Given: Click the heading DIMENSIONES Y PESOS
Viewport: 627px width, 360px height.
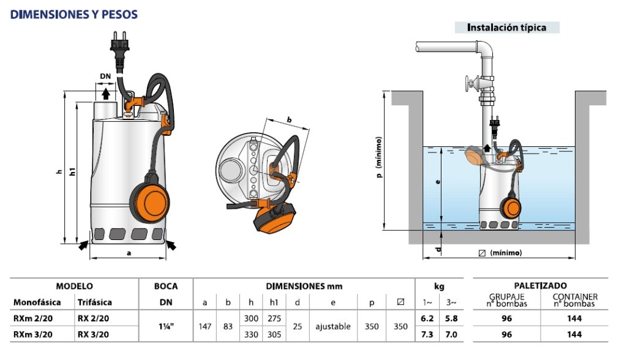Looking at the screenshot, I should [74, 14].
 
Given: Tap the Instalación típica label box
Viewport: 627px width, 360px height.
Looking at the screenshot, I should [506, 28].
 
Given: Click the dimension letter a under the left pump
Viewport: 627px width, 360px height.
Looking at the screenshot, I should [129, 252].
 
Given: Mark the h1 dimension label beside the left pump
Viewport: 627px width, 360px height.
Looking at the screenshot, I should [73, 173].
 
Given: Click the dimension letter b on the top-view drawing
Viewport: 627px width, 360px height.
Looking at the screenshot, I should [289, 119].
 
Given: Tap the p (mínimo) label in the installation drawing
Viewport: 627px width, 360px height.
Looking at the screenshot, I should [380, 159].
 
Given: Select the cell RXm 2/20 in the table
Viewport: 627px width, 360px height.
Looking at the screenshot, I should [31, 318].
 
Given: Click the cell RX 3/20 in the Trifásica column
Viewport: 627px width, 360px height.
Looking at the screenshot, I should [93, 334].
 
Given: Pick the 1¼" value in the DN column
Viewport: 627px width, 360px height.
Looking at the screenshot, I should [165, 326].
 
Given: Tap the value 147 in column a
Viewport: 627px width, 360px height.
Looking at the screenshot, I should [205, 326].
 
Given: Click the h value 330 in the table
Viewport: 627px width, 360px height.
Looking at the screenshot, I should [252, 334].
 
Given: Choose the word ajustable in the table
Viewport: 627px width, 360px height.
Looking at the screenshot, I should [333, 326].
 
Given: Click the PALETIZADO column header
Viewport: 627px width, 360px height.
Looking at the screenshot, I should [541, 286].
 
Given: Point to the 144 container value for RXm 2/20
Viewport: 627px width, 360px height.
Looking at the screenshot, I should [574, 318].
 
